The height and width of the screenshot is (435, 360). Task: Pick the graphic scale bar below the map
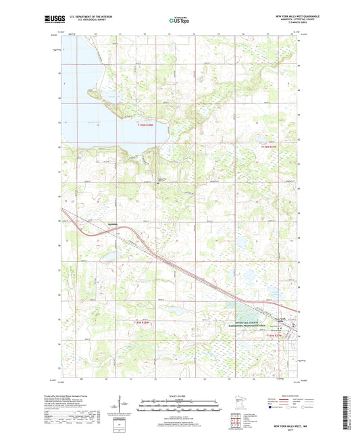click(x=179, y=406)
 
